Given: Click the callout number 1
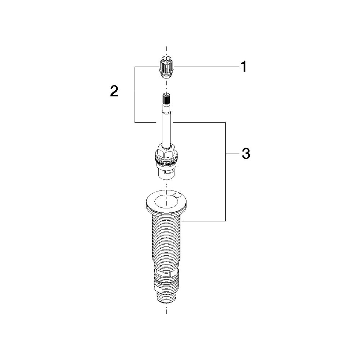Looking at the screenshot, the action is (x=243, y=67).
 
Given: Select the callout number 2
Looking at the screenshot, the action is (x=114, y=91).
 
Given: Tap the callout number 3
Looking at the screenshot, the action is (x=246, y=153).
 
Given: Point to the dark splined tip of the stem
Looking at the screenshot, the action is (x=166, y=99).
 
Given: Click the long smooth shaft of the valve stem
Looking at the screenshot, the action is (x=166, y=125).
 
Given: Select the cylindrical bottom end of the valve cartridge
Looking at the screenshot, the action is (x=166, y=174).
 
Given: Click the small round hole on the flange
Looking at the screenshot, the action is (x=177, y=195).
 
